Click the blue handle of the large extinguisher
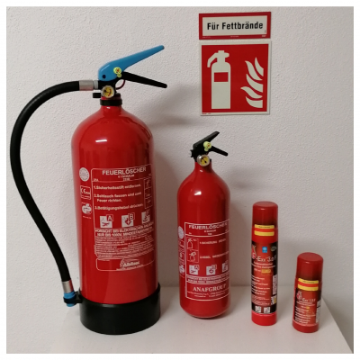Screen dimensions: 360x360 click(135, 60)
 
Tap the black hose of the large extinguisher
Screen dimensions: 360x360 click(19, 180)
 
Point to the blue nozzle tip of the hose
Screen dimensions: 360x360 click(69, 292)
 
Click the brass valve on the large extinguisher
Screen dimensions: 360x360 click(107, 90)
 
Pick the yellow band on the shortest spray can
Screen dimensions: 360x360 click(309, 283)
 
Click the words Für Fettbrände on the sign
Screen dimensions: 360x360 click(234, 25)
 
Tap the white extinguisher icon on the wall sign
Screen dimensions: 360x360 click(219, 79)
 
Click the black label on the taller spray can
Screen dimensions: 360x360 click(265, 270)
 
